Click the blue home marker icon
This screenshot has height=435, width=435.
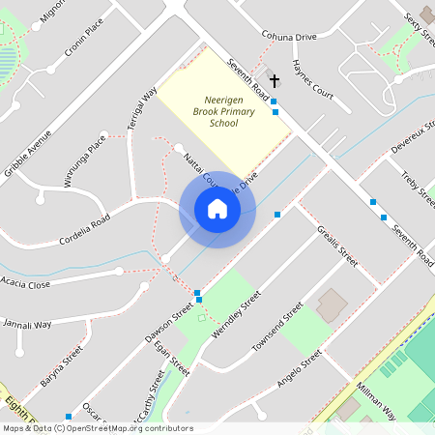(217, 209)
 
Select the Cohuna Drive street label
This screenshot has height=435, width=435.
(289, 36)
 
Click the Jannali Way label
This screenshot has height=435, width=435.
(27, 324)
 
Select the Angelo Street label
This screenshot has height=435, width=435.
(298, 368)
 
